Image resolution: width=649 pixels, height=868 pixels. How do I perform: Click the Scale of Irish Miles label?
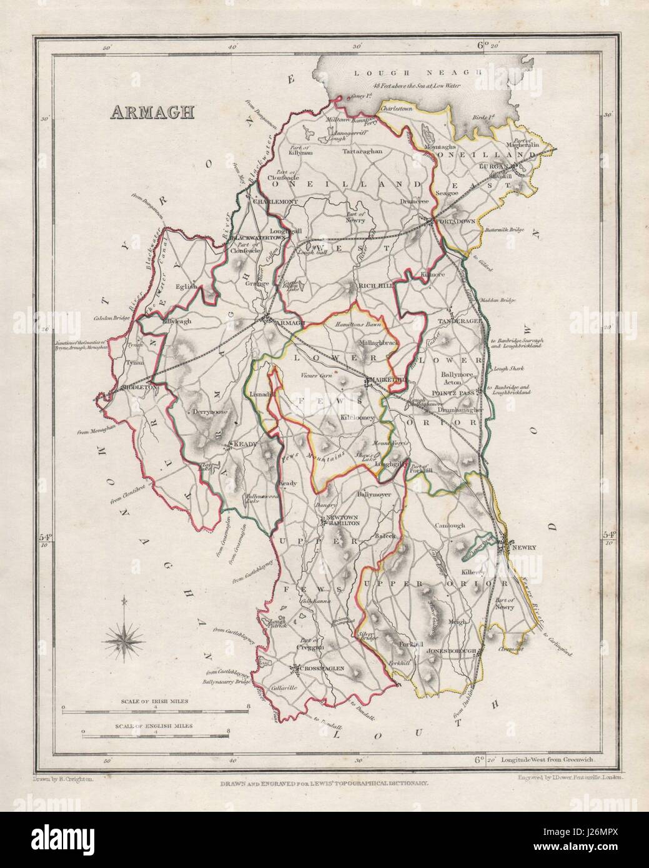(x=156, y=702)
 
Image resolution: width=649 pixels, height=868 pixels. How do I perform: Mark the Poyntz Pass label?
(x=455, y=393)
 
